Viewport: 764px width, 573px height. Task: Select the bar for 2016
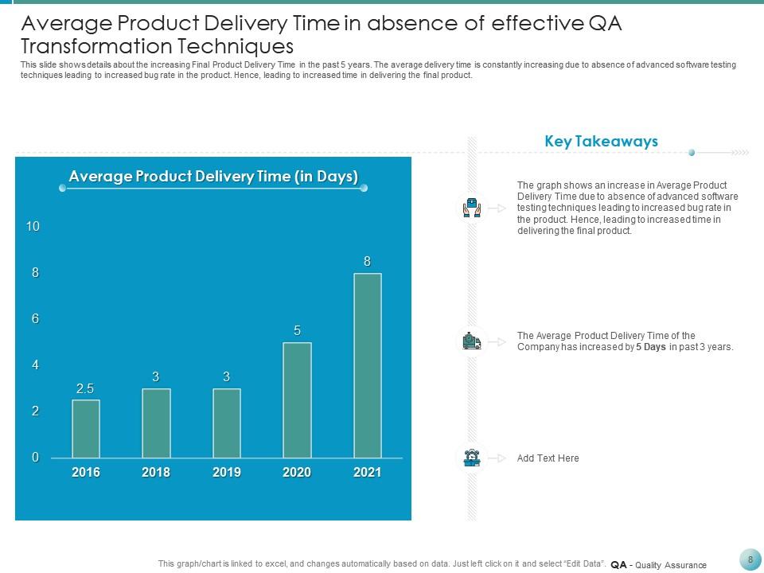point(86,429)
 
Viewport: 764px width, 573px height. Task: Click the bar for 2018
point(156,423)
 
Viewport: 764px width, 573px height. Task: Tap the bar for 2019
point(227,423)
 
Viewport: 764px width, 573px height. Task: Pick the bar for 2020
point(297,400)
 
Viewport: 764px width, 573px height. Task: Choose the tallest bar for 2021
point(367,366)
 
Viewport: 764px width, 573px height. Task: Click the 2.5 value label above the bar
point(85,389)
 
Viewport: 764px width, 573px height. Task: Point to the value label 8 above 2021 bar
point(367,261)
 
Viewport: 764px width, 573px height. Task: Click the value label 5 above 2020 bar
point(297,330)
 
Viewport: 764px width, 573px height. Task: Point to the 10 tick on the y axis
point(33,227)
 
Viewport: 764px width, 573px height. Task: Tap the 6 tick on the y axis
point(35,319)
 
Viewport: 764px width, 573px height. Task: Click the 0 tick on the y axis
point(35,458)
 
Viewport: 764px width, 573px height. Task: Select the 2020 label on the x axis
point(297,473)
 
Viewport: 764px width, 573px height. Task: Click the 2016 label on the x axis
point(86,473)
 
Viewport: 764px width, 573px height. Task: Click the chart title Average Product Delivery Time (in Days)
point(213,177)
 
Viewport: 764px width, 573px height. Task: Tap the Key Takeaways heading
point(601,142)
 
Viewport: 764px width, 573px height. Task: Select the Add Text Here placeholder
point(548,458)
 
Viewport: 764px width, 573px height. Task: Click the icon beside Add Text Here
point(471,458)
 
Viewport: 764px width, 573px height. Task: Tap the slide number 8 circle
point(750,559)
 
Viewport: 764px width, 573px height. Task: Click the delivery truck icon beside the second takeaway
point(471,341)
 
